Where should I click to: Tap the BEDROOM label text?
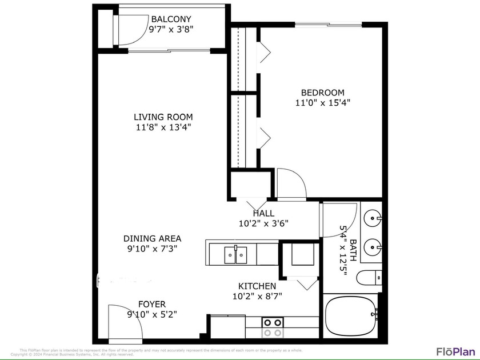pyautogui.click(x=323, y=93)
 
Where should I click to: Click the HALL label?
pyautogui.click(x=263, y=213)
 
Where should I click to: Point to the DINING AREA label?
pyautogui.click(x=152, y=238)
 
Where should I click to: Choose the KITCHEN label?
pyautogui.click(x=257, y=286)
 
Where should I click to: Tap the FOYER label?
pyautogui.click(x=152, y=304)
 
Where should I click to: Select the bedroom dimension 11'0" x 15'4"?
pyautogui.click(x=323, y=103)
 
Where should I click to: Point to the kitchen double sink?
pyautogui.click(x=235, y=254)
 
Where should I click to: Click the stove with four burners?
pyautogui.click(x=272, y=327)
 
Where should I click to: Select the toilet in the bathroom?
pyautogui.click(x=369, y=278)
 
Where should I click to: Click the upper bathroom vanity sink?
pyautogui.click(x=373, y=217)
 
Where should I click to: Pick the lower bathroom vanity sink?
pyautogui.click(x=373, y=248)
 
